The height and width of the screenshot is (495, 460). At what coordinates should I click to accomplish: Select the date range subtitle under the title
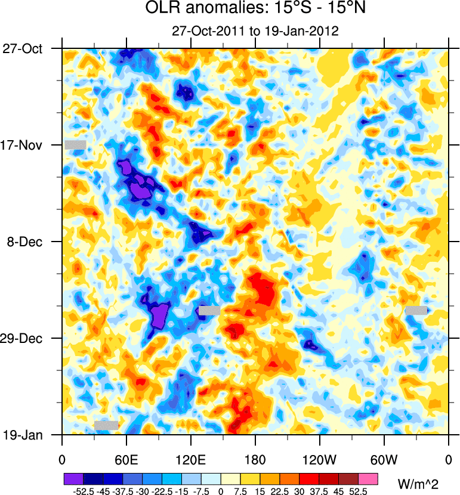255,31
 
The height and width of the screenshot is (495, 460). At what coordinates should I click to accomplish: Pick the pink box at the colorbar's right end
368,479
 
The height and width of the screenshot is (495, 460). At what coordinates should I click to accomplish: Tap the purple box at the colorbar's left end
73,479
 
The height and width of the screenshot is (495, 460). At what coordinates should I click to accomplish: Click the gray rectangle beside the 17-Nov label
76,144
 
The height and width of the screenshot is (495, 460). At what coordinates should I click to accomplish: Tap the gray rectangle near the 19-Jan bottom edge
106,425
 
